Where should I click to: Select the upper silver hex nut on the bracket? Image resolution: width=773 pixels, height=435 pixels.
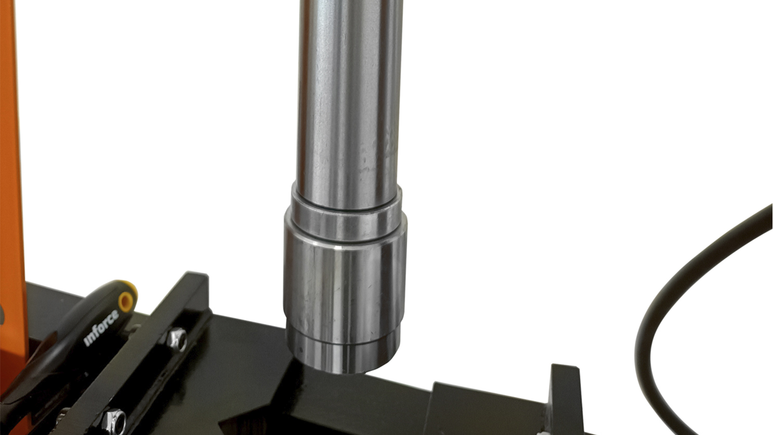click(x=177, y=340)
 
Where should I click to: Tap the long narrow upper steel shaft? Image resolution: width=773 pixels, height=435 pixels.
click(x=349, y=103)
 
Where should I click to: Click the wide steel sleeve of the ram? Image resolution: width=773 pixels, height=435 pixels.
click(x=345, y=283)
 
